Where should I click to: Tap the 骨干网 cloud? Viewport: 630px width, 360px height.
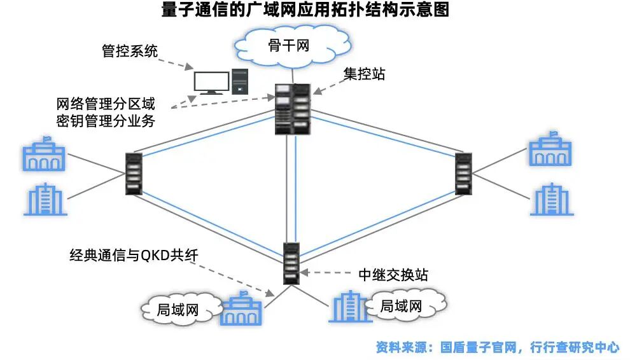pos(292,45)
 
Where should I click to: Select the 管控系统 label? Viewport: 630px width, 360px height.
pos(130,51)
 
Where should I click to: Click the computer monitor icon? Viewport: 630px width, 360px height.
pos(211,83)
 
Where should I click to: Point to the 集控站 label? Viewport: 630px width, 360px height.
pos(364,74)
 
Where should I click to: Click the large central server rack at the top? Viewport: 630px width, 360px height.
pos(293,109)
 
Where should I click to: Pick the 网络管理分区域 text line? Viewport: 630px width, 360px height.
pos(105,104)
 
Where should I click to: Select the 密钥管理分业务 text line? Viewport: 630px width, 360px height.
pos(105,120)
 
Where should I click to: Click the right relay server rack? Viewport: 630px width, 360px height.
pos(464,174)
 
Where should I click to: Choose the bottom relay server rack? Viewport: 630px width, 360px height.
pos(292,263)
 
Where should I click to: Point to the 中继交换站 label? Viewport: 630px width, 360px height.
pos(393,275)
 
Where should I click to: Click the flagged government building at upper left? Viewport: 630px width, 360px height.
pos(43,155)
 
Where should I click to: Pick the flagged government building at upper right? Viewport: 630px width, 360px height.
pos(550,150)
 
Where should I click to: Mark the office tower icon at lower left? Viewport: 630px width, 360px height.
pos(45,200)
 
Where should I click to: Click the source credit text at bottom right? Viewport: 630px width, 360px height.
pos(497,347)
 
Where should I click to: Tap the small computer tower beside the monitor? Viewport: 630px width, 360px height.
pos(240,82)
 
